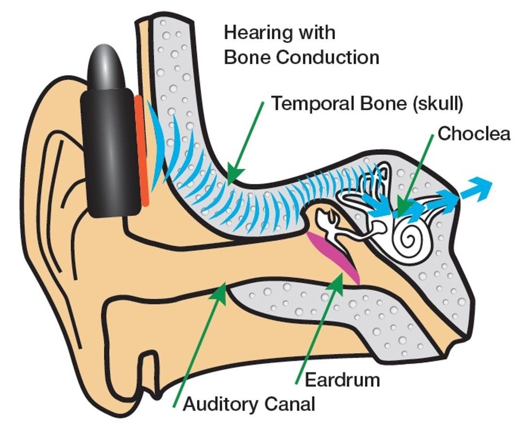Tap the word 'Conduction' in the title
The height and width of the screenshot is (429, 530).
click(x=327, y=57)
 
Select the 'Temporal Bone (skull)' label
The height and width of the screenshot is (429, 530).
click(x=366, y=104)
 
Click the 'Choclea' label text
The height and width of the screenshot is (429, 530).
click(x=474, y=134)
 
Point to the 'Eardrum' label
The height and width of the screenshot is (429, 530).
click(x=342, y=380)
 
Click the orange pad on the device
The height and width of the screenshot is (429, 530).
click(x=141, y=150)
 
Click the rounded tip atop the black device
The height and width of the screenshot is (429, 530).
click(x=105, y=63)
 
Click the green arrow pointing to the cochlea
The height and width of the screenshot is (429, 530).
click(x=416, y=174)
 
